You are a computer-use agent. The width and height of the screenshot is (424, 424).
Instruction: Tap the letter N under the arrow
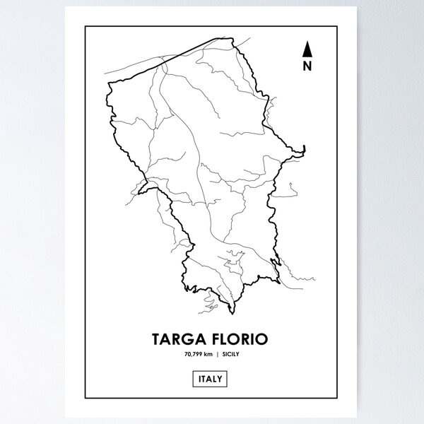pyautogui.click(x=307, y=67)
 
